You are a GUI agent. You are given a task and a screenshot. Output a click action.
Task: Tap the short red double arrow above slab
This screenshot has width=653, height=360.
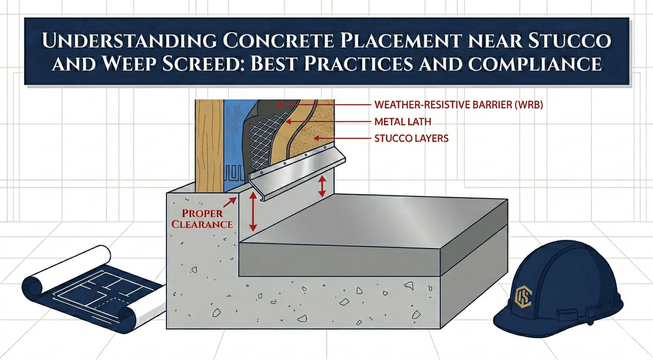point(322,185)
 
